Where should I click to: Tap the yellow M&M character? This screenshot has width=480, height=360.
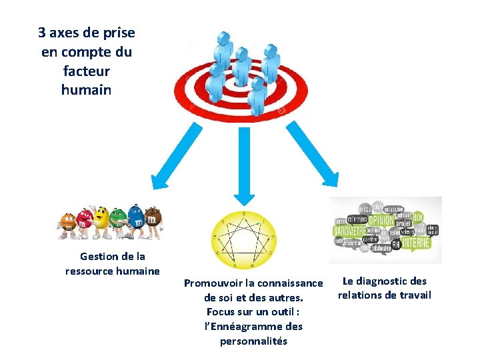point(102,221)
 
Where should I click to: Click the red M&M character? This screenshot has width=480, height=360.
point(85,223)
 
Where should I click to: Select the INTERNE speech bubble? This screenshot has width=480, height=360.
point(415,243)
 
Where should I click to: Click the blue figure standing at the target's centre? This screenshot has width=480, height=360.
point(241,67)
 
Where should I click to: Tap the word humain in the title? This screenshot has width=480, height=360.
point(87,89)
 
